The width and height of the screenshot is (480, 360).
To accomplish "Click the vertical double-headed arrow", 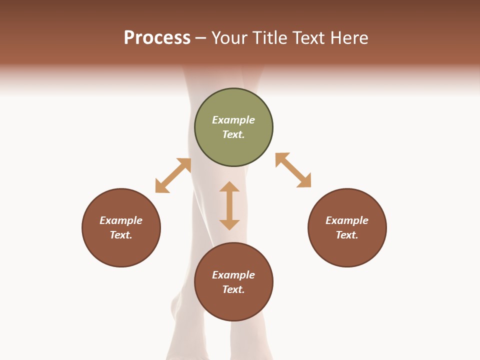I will coord(229,205).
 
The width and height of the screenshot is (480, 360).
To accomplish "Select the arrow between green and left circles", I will coord(173,175).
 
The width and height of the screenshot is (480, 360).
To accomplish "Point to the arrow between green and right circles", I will coord(293,170).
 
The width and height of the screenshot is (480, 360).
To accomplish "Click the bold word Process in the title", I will coord(157,38).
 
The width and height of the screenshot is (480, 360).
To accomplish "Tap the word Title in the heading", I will coord(269,38).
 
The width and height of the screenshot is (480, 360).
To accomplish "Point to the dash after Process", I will coord(200,38).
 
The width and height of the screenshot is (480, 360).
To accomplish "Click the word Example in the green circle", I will coord(233,120).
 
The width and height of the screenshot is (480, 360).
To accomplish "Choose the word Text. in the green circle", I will coord(233,134).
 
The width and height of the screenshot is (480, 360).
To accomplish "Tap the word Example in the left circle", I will coord(121,220).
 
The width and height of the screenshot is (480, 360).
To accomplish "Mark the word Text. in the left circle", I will coord(121,235).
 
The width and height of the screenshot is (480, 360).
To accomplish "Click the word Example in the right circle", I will coord(347,220).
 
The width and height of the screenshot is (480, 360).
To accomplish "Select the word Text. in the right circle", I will coord(347,235).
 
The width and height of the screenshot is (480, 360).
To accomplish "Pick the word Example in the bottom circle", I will coord(233,275).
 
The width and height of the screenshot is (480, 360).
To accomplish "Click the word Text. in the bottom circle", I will coord(233,289).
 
